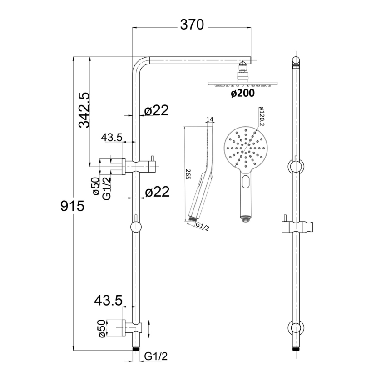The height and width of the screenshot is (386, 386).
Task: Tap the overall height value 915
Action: point(72,207)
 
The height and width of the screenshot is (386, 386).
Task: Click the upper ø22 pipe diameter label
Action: point(156,110)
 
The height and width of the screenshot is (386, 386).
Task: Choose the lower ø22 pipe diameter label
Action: point(157,192)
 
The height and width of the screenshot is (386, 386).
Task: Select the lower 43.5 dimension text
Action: point(109,300)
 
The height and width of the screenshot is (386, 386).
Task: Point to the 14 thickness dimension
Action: point(209,119)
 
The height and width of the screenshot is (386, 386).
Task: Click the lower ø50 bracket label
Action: point(102,328)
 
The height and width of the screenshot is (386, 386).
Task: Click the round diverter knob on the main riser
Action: point(136,228)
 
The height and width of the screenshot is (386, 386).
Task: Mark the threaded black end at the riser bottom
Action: point(136,349)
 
